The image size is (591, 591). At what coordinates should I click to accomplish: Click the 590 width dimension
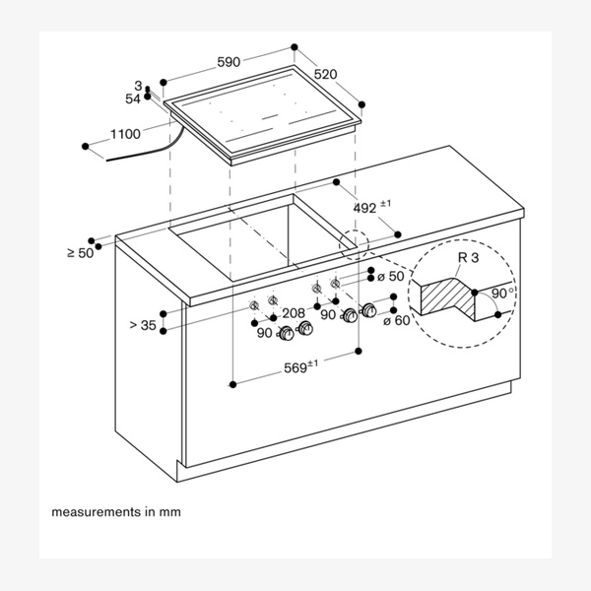[229, 62]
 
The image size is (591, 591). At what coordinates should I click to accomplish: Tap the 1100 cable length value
[125, 134]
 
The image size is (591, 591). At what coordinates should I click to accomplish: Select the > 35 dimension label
[142, 323]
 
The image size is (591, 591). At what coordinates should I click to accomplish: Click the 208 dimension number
[294, 313]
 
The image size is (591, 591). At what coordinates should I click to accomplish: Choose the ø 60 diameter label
[395, 321]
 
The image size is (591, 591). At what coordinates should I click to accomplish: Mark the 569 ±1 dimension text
[297, 366]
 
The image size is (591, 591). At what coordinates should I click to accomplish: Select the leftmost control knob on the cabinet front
[287, 336]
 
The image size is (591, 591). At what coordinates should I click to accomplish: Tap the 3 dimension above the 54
[139, 87]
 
